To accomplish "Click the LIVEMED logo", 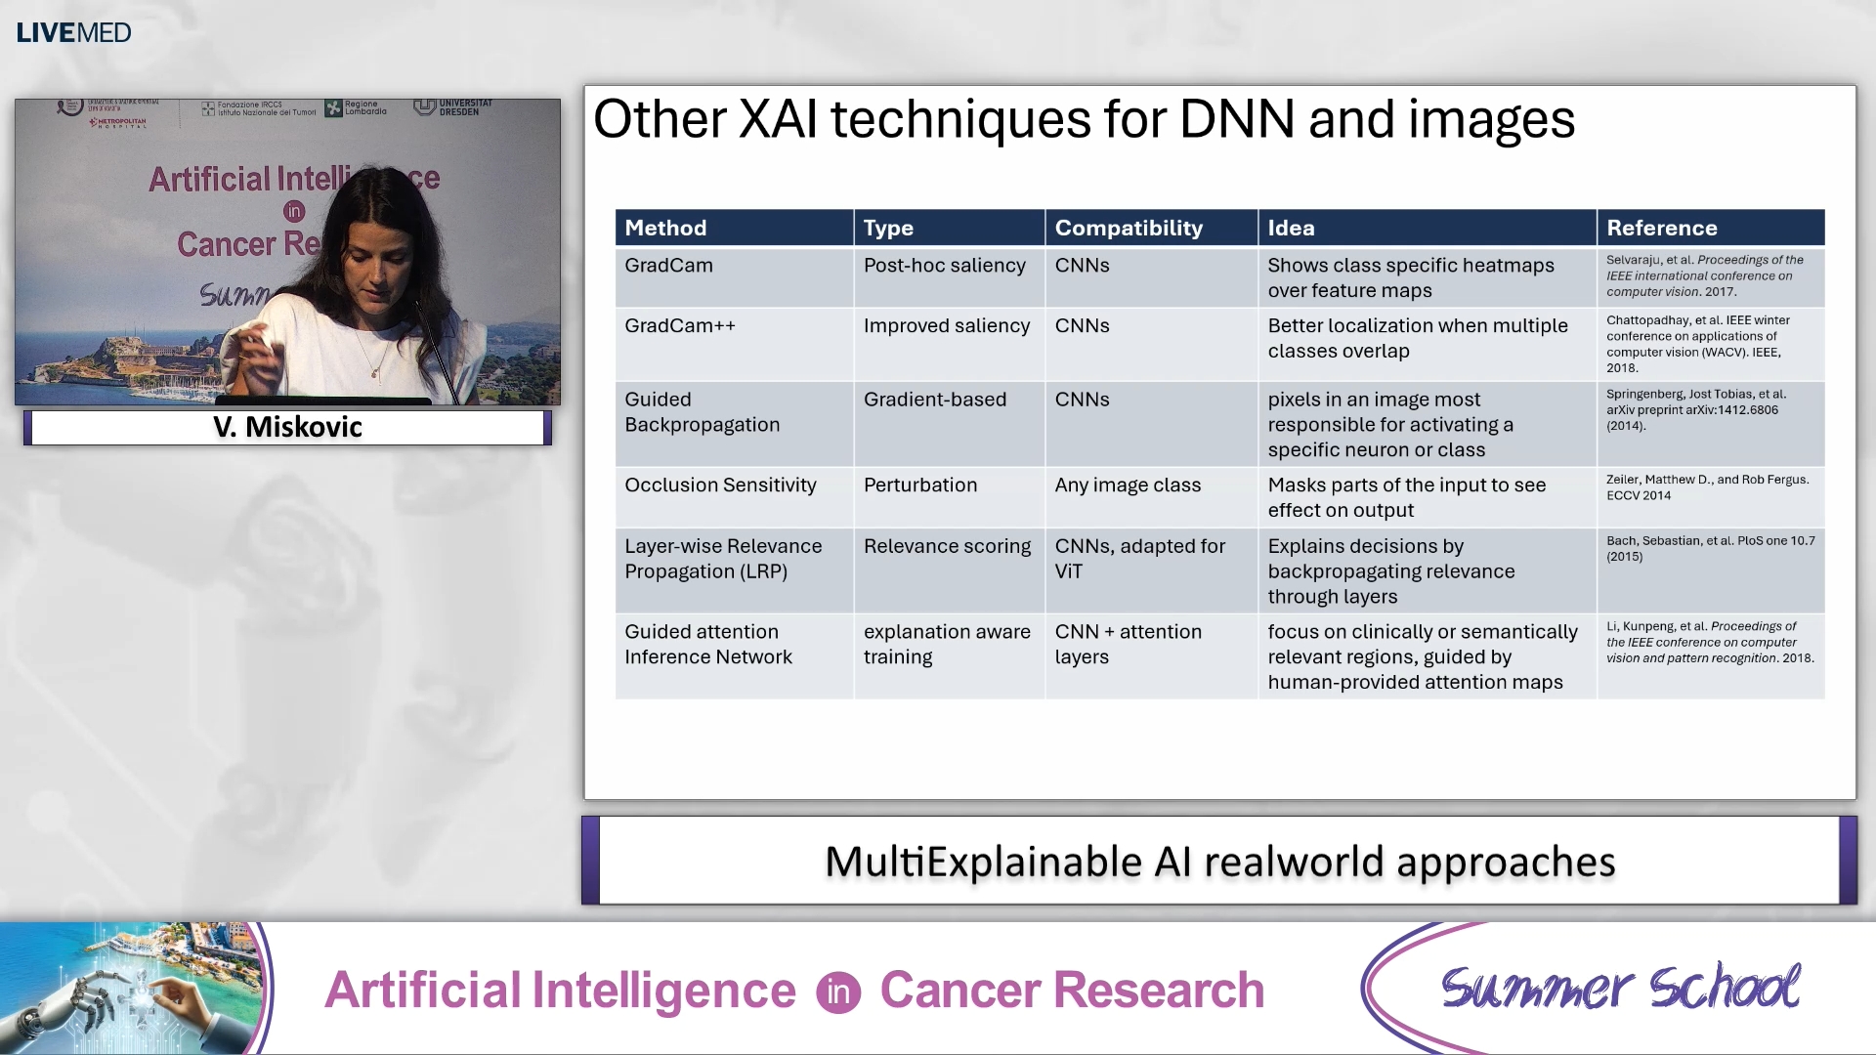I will click(x=73, y=32).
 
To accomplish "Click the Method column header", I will click(x=665, y=228).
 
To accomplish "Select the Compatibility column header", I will click(x=1129, y=228).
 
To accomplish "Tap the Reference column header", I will click(x=1661, y=228).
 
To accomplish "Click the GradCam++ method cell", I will click(x=680, y=326).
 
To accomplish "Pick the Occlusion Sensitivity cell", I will click(x=720, y=485).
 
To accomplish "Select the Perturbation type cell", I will click(x=919, y=485).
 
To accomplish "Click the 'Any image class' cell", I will click(x=1128, y=485).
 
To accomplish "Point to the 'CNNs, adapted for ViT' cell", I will click(x=1139, y=559).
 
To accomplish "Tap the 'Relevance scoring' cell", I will click(x=947, y=547).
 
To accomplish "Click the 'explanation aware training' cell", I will click(x=946, y=645).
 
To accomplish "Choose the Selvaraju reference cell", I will click(x=1704, y=275).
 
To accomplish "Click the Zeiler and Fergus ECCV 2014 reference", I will click(x=1706, y=487).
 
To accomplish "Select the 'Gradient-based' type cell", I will click(x=934, y=400).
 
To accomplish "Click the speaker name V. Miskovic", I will click(x=287, y=427).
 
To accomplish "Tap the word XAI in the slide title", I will click(x=778, y=119).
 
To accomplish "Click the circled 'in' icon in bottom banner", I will click(x=838, y=992).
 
